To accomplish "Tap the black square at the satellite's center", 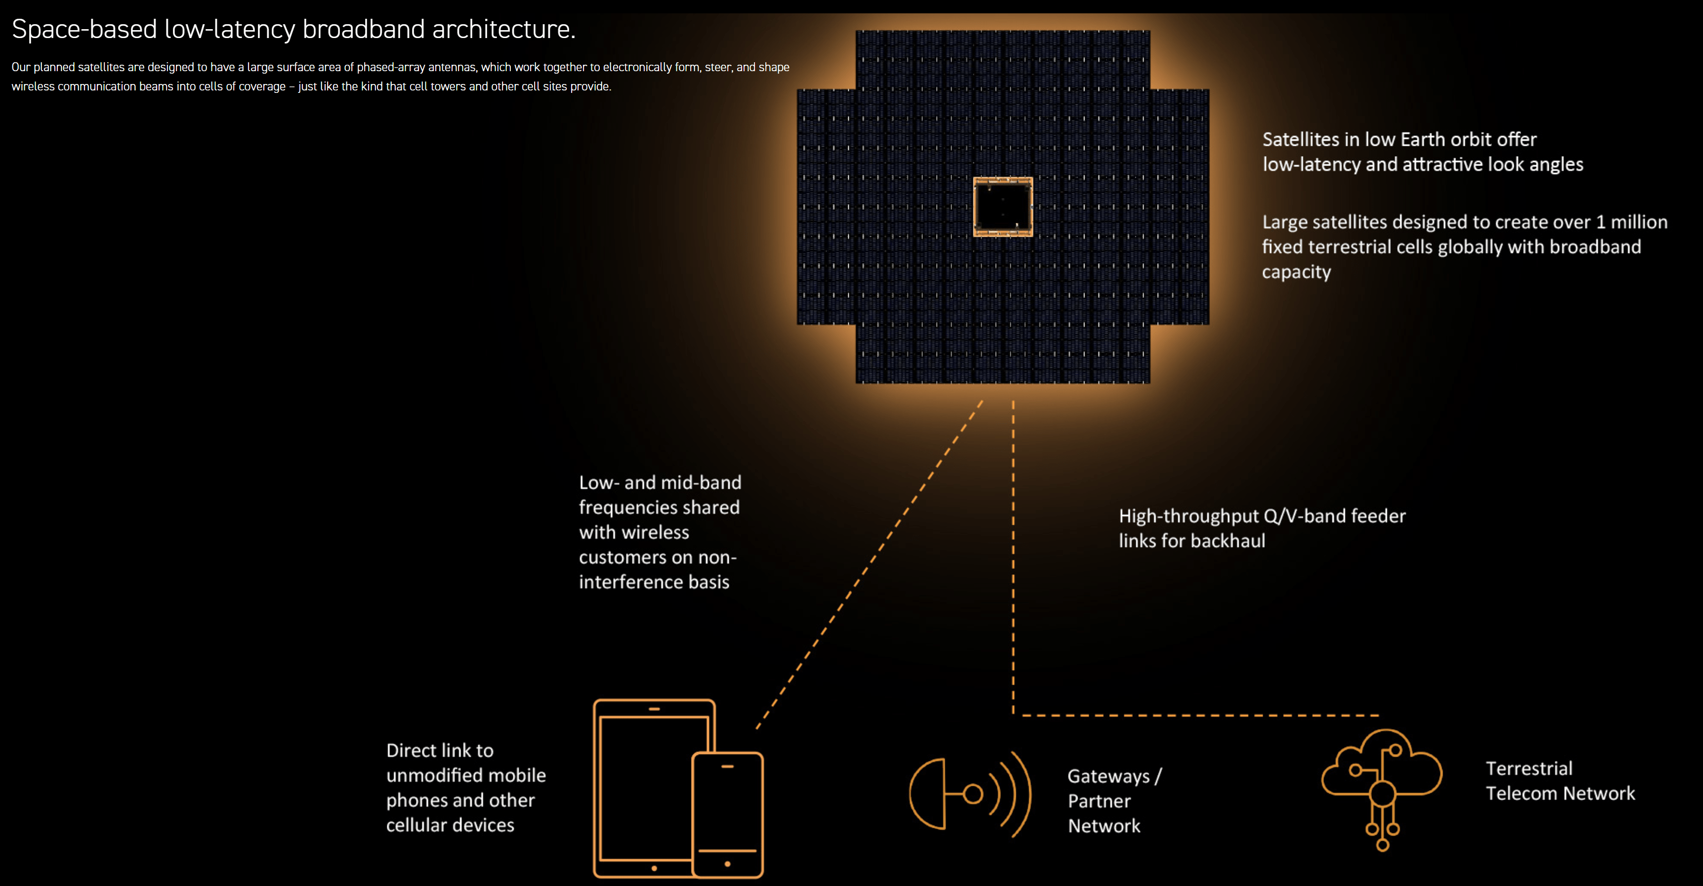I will coord(1003,206).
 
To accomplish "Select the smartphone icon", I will coord(727,814).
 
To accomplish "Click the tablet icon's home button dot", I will coord(654,868).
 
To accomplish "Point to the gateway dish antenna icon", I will coord(968,794).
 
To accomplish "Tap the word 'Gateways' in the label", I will coord(1109,776).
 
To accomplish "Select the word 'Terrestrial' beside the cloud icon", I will coord(1529,768).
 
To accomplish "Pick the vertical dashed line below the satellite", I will coord(1013,555).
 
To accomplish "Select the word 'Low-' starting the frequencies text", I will coord(599,483).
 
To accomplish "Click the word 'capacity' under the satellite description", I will coord(1296,272).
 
